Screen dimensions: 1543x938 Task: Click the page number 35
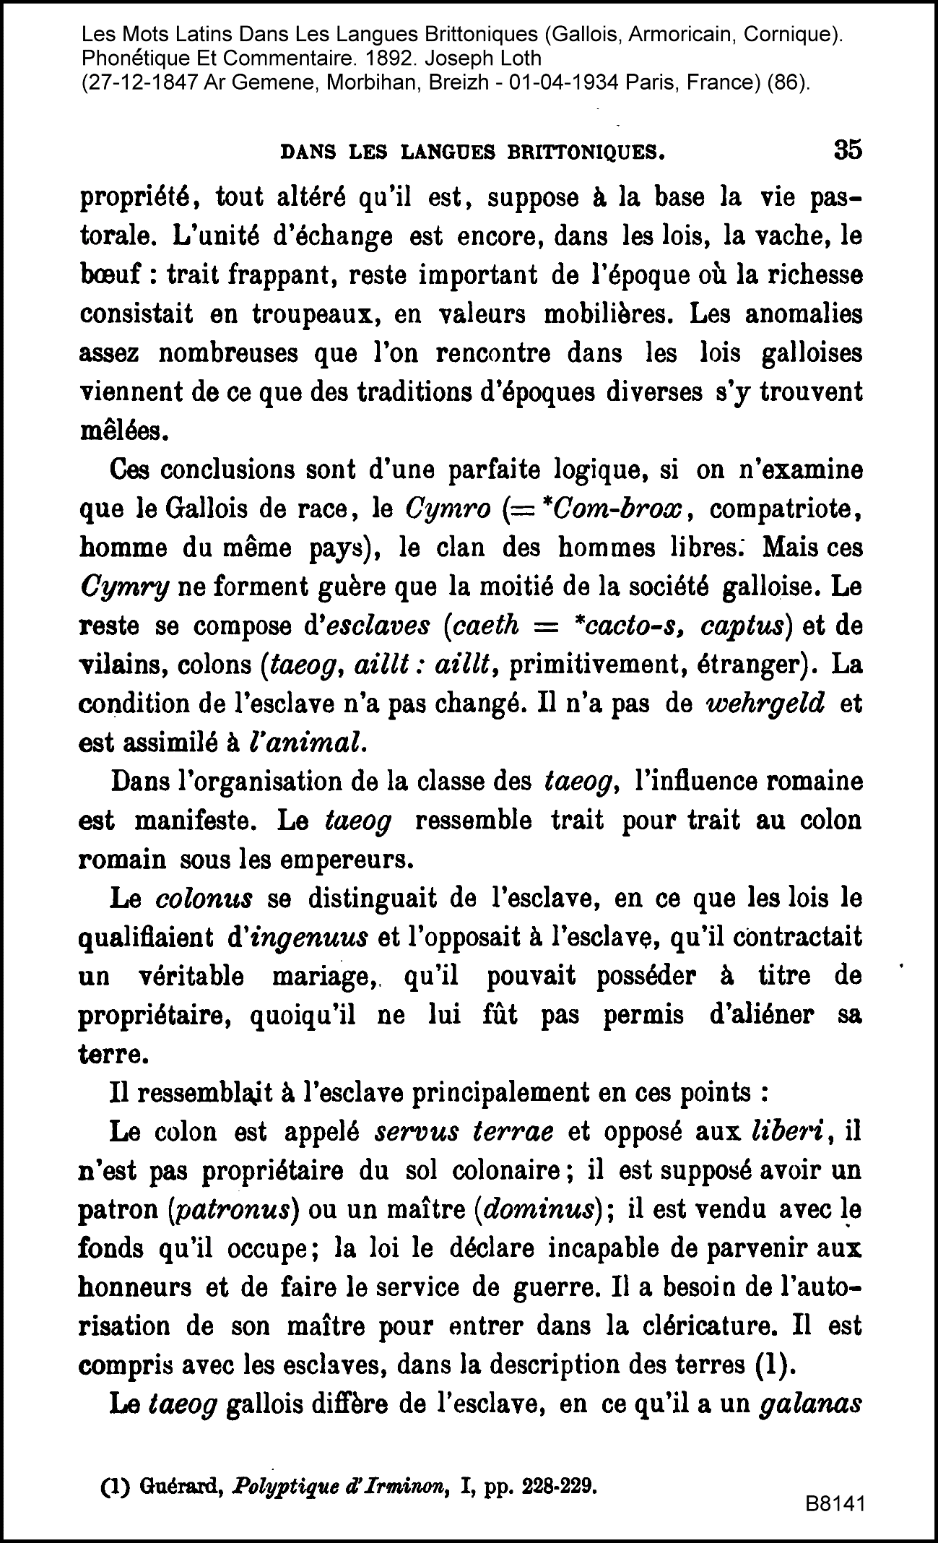point(847,150)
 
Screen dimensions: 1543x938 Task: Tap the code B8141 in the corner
point(835,1503)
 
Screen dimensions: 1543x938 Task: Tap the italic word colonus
point(204,899)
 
